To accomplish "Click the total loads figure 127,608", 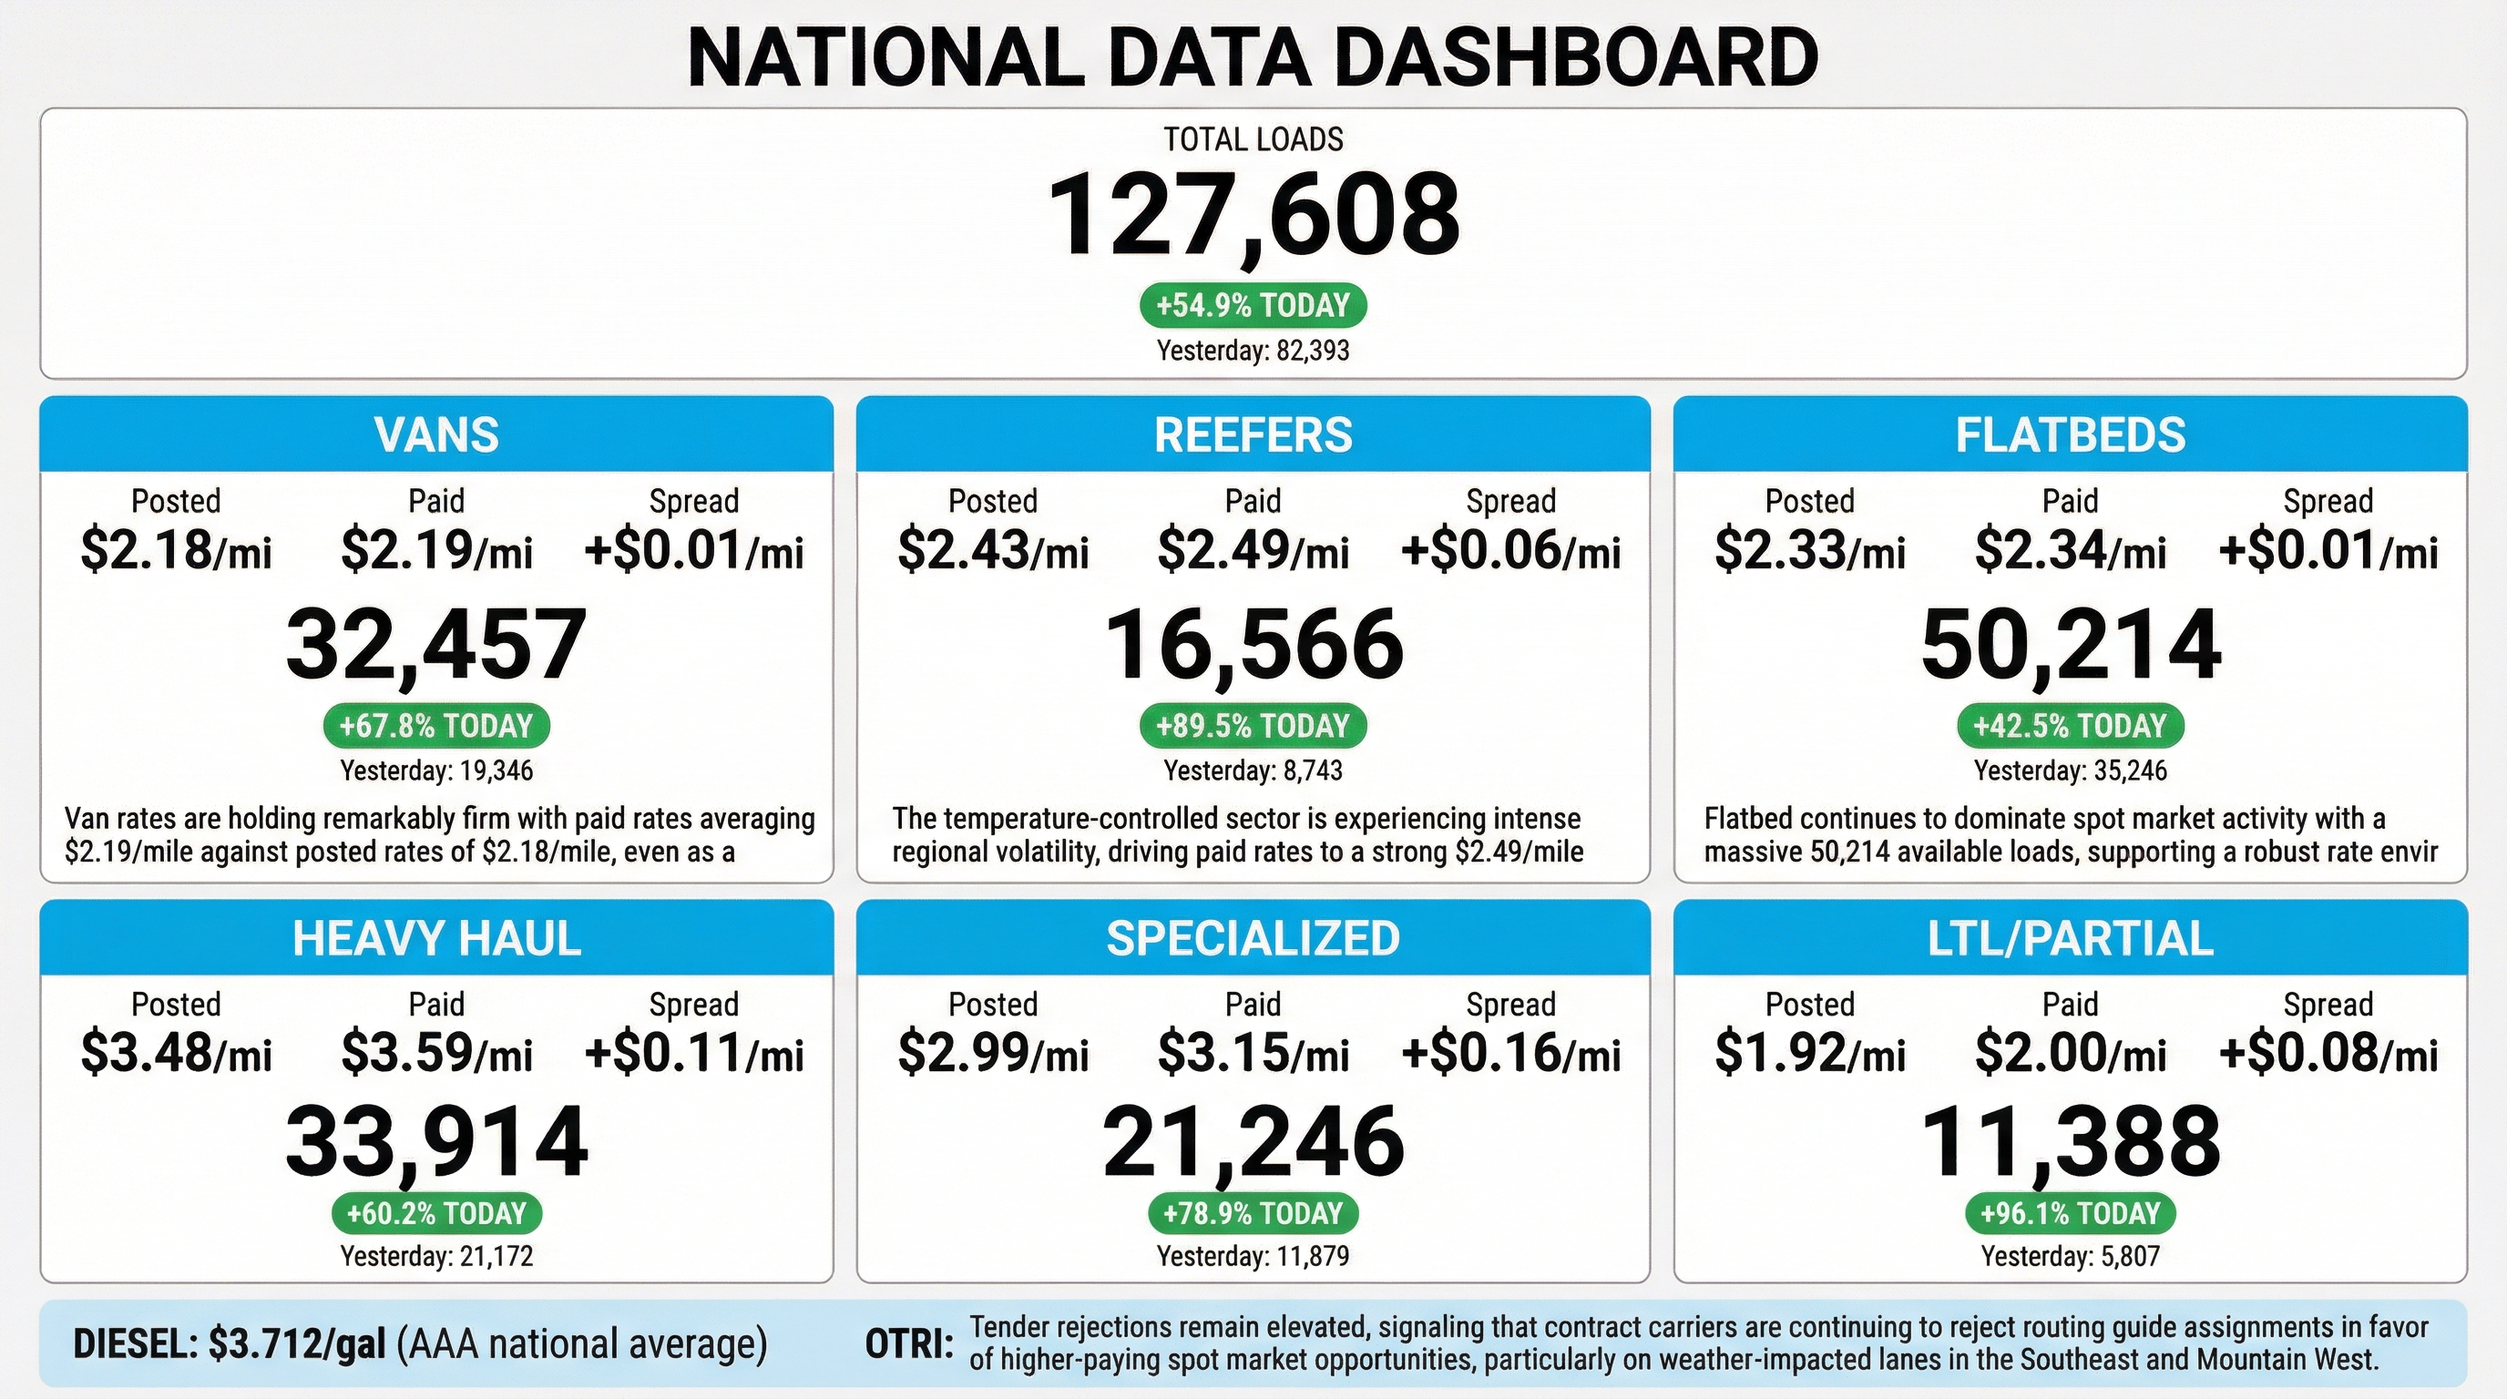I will (x=1253, y=214).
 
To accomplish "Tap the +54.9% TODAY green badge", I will (x=1253, y=305).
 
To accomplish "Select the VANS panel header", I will (x=436, y=434).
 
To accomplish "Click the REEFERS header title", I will (x=1253, y=434).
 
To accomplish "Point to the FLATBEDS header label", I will (x=2070, y=434).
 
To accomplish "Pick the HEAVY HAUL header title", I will (x=436, y=938).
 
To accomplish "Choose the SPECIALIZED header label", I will (x=1253, y=938).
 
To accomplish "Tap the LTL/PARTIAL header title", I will (x=2070, y=938).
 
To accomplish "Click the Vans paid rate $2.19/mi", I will (x=436, y=551).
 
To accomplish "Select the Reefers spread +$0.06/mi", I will (x=1510, y=551).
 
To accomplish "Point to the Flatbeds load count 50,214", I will (x=2070, y=644).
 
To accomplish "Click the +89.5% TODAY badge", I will (x=1253, y=726).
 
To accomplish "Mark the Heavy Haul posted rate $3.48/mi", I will (x=176, y=1054).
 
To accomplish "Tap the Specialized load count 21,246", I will (x=1253, y=1141).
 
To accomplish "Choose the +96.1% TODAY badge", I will (x=2070, y=1213).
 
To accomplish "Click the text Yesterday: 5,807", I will (x=2070, y=1256).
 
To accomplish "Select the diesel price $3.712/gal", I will (x=297, y=1343).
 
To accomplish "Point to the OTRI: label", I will (x=909, y=1344).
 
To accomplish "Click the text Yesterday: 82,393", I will (x=1253, y=351).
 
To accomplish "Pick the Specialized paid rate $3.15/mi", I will (x=1253, y=1054).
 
